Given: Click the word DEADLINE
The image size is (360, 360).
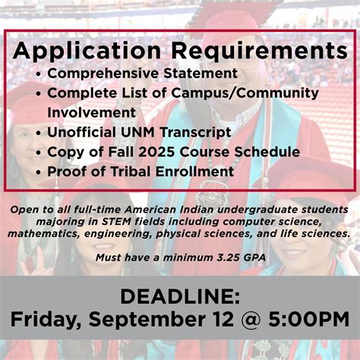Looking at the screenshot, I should point(179,295).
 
